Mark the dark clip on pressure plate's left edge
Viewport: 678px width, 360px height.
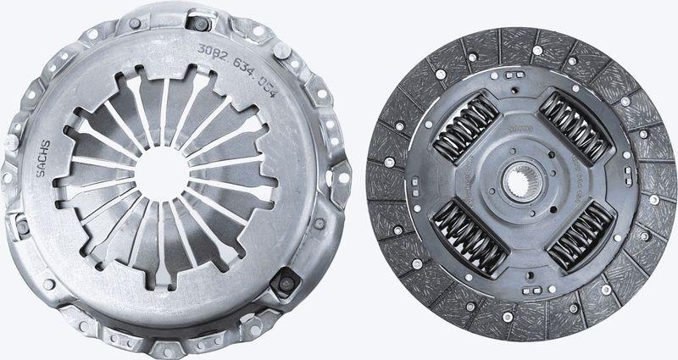23,227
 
